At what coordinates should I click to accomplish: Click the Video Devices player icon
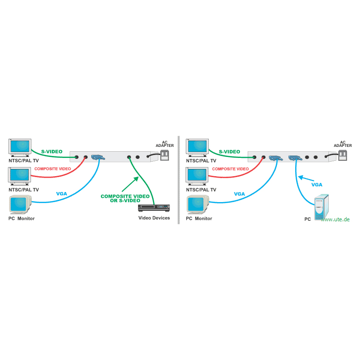[x=154, y=207]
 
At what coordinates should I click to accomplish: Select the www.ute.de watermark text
[x=335, y=219]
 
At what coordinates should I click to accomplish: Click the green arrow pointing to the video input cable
[x=130, y=184]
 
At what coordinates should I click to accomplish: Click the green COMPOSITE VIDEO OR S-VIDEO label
[x=125, y=198]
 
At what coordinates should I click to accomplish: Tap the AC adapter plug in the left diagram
[x=164, y=155]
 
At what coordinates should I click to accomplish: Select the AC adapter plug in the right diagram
[x=342, y=155]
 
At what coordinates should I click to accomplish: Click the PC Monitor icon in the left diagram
[x=20, y=204]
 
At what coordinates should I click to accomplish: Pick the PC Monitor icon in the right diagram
[x=198, y=204]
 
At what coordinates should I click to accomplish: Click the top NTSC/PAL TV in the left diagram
[x=20, y=148]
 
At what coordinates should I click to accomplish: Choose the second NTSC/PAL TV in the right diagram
[x=197, y=176]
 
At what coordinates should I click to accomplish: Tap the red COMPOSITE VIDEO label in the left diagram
[x=53, y=169]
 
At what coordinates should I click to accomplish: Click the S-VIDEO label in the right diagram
[x=229, y=152]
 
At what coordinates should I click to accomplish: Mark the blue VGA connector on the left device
[x=98, y=157]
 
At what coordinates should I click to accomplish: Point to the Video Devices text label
[x=154, y=218]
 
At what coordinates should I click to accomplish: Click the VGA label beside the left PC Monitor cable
[x=61, y=194]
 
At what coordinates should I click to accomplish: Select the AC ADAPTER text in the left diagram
[x=165, y=144]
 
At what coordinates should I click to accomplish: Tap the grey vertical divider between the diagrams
[x=179, y=180]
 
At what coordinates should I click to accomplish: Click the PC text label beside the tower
[x=307, y=219]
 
